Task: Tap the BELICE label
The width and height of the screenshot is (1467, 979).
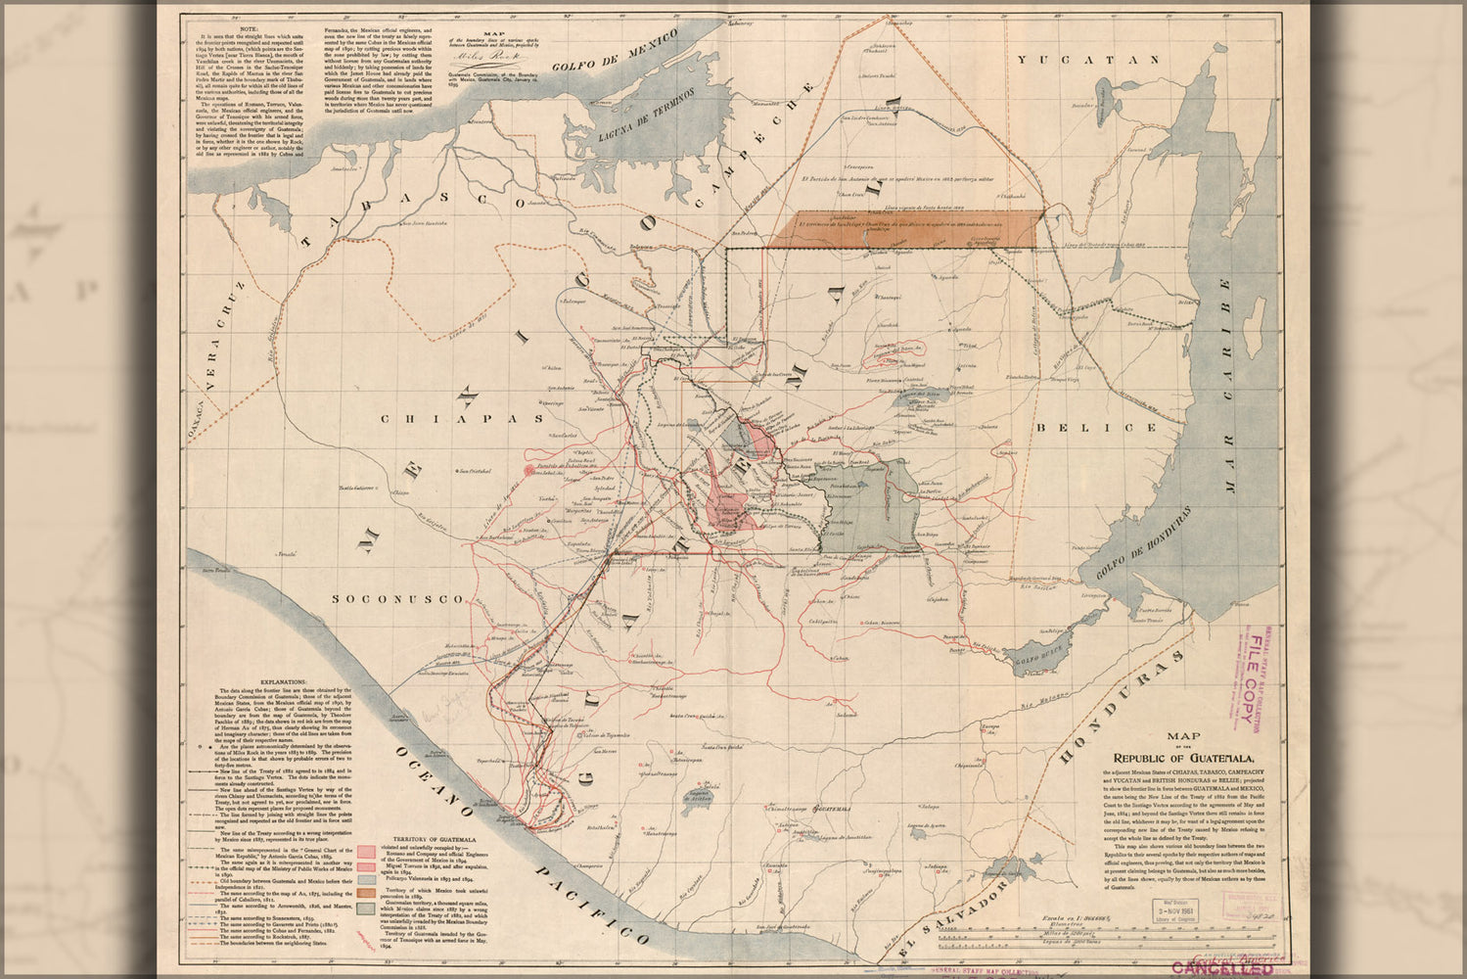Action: tap(1088, 428)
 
